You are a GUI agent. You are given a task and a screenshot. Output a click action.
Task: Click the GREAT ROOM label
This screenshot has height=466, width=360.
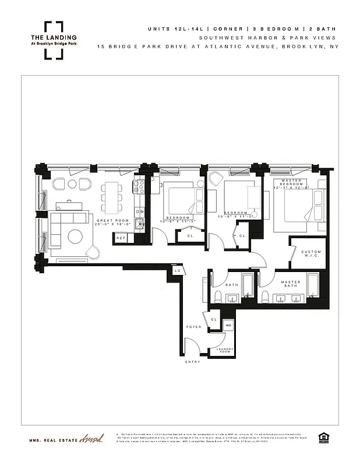109,221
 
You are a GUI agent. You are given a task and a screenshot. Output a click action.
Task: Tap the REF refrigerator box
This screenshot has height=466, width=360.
122,238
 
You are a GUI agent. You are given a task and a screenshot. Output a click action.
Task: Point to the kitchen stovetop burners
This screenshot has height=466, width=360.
140,187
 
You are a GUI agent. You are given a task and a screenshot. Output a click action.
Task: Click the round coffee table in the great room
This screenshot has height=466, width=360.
76,236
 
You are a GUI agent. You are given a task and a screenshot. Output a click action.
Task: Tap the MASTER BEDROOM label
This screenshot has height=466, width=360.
299,184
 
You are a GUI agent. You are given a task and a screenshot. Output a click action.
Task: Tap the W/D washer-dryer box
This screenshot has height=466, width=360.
229,325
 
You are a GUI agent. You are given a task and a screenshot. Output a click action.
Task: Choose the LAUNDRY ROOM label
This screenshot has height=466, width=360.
225,351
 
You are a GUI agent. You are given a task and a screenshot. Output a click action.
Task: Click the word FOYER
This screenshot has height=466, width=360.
193,327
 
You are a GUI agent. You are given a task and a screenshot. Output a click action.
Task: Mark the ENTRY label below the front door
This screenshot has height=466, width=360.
193,362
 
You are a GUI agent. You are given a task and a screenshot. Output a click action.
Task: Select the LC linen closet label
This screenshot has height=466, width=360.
177,271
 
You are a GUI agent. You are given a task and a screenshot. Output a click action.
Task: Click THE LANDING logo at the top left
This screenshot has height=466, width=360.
54,40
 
